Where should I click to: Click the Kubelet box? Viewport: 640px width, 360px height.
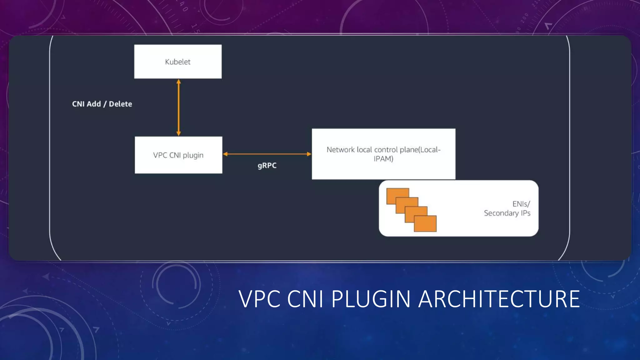point(178,62)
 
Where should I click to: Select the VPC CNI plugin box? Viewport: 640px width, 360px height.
point(178,155)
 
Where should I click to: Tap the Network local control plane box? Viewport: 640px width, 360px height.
point(383,154)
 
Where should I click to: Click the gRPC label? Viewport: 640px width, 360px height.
point(267,165)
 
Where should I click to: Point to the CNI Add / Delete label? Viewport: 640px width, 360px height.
point(102,104)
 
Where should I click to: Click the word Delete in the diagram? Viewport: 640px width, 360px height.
point(120,104)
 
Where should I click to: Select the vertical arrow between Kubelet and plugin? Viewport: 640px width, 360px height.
point(178,107)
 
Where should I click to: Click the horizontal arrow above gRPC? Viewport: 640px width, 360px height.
point(267,154)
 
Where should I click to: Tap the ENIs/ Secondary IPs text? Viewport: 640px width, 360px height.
point(507,208)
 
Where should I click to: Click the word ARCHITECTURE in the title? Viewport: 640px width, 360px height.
point(499,299)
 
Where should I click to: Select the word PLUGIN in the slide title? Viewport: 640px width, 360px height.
point(371,299)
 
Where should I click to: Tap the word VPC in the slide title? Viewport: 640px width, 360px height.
point(259,299)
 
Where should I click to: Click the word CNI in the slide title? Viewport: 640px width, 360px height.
point(305,299)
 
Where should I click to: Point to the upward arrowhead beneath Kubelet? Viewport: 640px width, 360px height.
point(178,82)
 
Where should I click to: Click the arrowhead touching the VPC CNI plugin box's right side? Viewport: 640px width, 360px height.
point(225,154)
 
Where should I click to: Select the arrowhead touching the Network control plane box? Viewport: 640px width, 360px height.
point(309,154)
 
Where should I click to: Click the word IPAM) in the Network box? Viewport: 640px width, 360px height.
point(383,159)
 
